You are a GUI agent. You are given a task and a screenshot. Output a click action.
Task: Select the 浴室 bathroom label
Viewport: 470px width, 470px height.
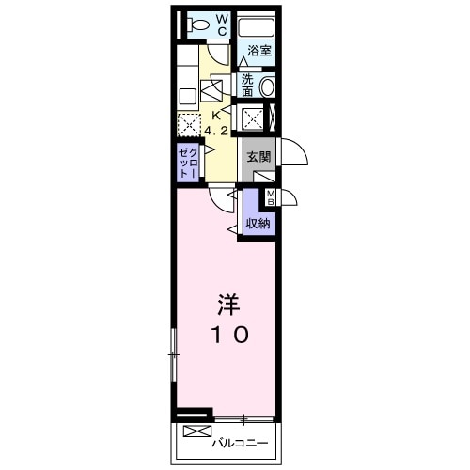[x=260, y=51]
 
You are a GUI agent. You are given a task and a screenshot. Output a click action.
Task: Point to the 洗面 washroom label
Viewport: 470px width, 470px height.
[x=246, y=86]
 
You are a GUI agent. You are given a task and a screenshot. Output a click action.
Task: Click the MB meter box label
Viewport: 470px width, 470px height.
[x=271, y=197]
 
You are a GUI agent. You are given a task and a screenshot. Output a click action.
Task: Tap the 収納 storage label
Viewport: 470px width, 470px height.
[x=258, y=223]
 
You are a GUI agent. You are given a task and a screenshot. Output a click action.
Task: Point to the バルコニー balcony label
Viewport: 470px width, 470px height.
[x=240, y=442]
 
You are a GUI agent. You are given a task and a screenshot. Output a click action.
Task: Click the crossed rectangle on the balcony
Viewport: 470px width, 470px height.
[x=197, y=432]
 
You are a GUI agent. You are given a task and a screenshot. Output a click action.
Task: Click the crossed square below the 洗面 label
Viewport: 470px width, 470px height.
[x=253, y=117]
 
